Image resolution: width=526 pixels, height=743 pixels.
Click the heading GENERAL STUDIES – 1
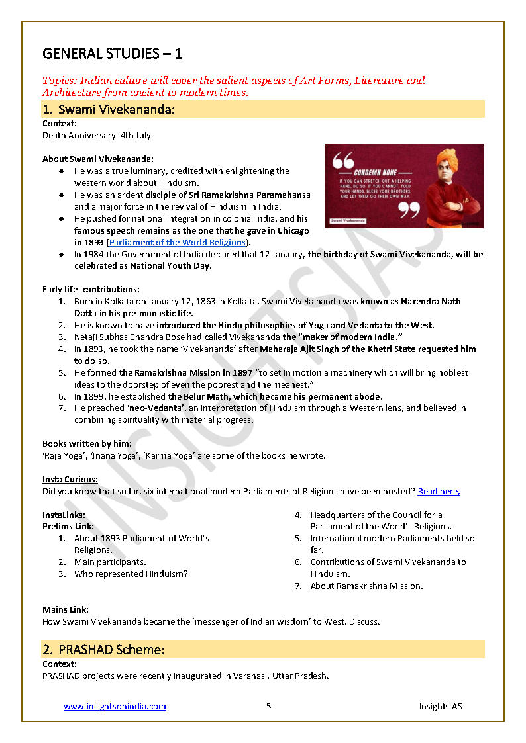click(113, 53)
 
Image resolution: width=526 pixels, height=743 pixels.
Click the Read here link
click(439, 491)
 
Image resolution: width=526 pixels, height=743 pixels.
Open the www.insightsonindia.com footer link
click(115, 706)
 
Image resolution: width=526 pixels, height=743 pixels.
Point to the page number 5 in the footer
click(268, 706)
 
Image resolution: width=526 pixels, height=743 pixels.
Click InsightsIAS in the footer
click(440, 706)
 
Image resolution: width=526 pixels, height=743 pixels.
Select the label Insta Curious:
click(70, 479)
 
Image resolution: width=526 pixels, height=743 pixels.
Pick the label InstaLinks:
click(64, 515)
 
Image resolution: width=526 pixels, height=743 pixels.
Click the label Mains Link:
click(66, 609)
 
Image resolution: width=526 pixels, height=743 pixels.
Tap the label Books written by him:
click(87, 443)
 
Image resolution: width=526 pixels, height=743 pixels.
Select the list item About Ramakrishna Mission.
click(366, 586)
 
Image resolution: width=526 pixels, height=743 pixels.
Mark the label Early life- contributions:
click(91, 289)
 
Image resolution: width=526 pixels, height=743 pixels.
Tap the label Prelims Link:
click(68, 526)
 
